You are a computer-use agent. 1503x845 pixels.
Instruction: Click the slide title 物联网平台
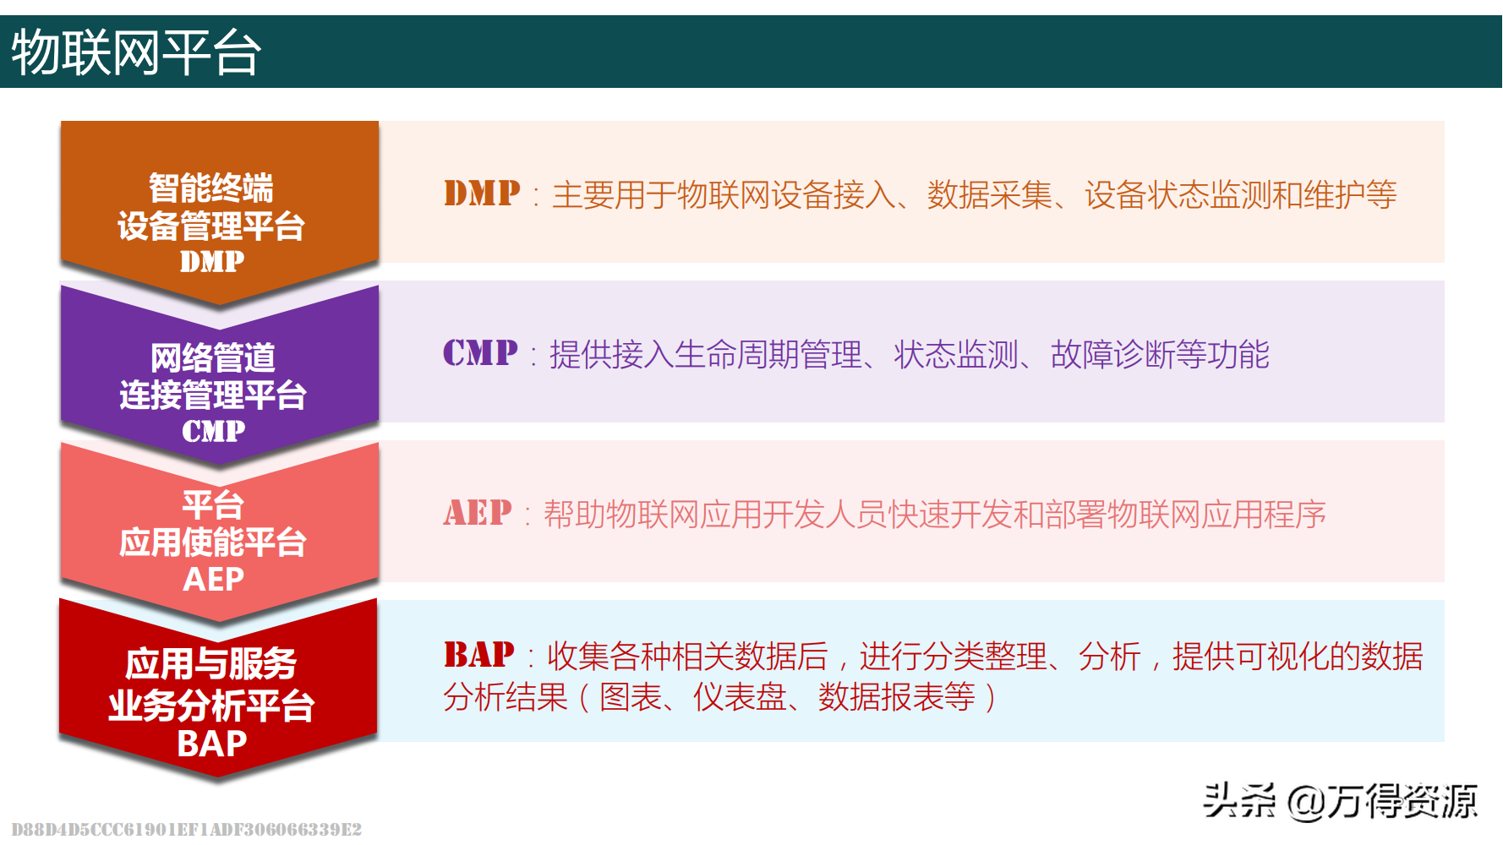point(136,52)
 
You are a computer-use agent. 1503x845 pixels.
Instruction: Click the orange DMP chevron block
point(220,211)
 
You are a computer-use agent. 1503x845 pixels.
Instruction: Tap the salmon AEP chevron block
point(220,532)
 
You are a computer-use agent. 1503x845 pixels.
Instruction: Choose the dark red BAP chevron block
point(218,689)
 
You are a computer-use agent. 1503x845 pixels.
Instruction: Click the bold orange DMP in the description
point(482,194)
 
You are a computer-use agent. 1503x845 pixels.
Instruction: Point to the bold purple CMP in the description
point(480,352)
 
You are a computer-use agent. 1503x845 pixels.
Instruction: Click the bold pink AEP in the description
point(478,512)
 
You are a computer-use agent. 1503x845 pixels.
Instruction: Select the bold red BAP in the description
point(478,654)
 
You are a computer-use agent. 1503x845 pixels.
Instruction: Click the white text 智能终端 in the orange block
point(211,188)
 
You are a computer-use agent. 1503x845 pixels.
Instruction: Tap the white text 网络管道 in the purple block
point(213,357)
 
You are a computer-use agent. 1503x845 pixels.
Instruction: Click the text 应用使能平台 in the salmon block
point(213,542)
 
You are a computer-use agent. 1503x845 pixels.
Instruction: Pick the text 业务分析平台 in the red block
point(211,705)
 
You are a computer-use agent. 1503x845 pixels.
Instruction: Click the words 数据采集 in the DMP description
point(990,195)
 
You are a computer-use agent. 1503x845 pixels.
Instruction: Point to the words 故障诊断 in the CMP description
point(1113,354)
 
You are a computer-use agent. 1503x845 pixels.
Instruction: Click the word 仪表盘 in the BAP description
point(740,697)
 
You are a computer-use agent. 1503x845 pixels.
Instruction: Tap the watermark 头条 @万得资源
point(1341,800)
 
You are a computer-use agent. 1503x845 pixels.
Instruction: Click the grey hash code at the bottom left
point(187,829)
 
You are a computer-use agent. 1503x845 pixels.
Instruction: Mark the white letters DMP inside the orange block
point(212,261)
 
